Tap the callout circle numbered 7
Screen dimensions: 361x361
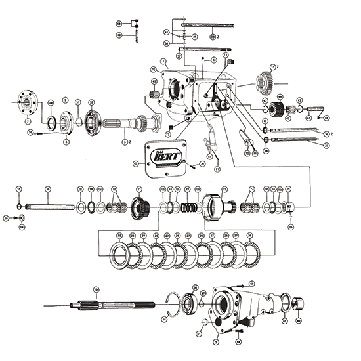(27, 121)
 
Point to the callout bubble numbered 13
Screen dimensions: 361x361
(96, 289)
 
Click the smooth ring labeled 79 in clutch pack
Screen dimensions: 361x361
(121, 256)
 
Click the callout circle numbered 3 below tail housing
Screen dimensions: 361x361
(217, 342)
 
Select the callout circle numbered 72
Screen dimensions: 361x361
(225, 55)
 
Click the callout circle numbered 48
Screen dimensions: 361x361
(326, 118)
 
